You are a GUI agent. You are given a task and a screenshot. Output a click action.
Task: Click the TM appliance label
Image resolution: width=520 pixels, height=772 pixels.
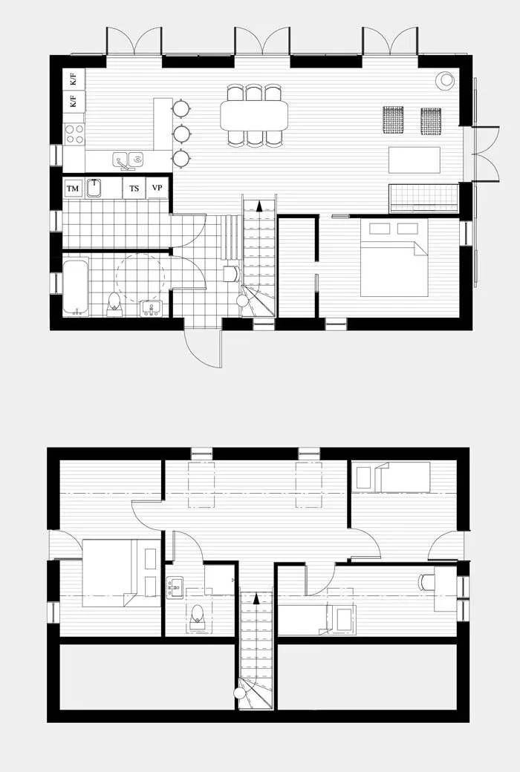(73, 189)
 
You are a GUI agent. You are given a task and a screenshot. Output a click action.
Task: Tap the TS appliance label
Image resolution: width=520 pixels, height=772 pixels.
(134, 189)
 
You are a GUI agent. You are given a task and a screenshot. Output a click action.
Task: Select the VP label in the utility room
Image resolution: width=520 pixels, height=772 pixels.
(157, 189)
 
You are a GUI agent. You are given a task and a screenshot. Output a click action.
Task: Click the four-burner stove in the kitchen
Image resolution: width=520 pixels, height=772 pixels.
(74, 134)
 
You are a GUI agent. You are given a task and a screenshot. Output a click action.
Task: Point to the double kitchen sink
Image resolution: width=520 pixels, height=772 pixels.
(128, 160)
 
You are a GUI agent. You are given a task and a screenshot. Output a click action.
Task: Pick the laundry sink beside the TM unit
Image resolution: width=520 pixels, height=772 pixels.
(94, 188)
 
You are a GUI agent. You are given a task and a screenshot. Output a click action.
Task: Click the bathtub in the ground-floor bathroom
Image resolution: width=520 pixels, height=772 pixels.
(75, 286)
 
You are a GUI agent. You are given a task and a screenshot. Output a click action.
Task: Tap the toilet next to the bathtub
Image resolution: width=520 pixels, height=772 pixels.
(114, 302)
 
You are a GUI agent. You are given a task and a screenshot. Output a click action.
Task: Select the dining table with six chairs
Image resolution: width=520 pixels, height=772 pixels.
(254, 115)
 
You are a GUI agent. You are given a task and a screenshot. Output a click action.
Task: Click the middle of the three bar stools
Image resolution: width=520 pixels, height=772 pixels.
(181, 134)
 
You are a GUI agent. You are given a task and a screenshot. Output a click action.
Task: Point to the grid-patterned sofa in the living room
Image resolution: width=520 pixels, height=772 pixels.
(423, 198)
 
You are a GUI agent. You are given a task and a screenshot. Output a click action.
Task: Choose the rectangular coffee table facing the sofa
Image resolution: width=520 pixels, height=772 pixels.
(414, 160)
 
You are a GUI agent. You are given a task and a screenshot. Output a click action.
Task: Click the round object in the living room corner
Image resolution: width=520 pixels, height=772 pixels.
(445, 80)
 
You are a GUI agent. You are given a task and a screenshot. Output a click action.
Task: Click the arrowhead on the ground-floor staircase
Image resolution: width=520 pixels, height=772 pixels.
(259, 206)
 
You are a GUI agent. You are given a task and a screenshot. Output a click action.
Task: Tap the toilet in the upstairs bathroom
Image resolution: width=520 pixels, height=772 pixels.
(197, 615)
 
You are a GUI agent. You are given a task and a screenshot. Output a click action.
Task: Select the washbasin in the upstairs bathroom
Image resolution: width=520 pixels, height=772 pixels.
(175, 587)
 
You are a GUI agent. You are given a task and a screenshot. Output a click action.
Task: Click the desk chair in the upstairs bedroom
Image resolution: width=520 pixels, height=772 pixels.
(426, 582)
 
